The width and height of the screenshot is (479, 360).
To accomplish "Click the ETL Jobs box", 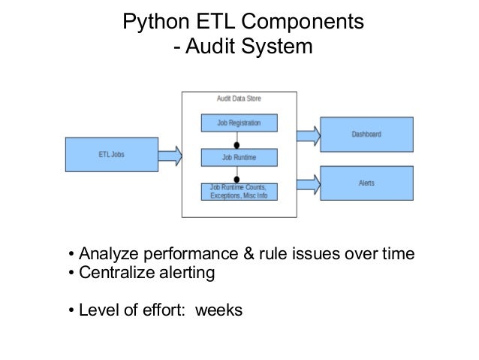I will tap(112, 155).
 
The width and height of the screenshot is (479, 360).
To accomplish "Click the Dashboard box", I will tap(366, 135).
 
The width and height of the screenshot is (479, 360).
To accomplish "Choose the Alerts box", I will tap(366, 183).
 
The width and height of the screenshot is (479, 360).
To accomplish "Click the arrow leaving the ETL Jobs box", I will tap(170, 156).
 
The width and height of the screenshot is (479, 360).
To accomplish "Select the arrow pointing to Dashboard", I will tap(309, 135).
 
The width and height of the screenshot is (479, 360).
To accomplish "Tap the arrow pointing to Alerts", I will tap(309, 183).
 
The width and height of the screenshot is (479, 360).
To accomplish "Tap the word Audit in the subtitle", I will tap(206, 49).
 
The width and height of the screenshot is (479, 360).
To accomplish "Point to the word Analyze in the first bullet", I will tap(107, 253).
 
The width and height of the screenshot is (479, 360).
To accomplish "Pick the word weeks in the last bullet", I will tap(218, 308).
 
